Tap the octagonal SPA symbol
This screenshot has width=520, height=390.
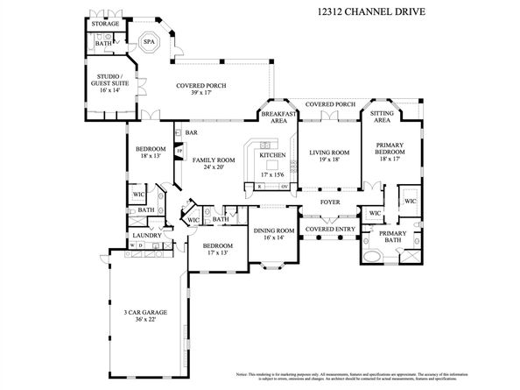(x=150, y=41)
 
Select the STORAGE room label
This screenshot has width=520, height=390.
(x=106, y=24)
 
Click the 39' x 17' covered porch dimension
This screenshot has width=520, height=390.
(x=200, y=94)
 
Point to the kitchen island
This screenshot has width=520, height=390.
(x=271, y=163)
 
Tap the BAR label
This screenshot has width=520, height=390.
(x=191, y=133)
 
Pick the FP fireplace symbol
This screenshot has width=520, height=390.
(x=179, y=151)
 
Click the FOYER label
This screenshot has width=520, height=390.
(x=329, y=202)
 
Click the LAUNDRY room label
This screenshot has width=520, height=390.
(x=144, y=235)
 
